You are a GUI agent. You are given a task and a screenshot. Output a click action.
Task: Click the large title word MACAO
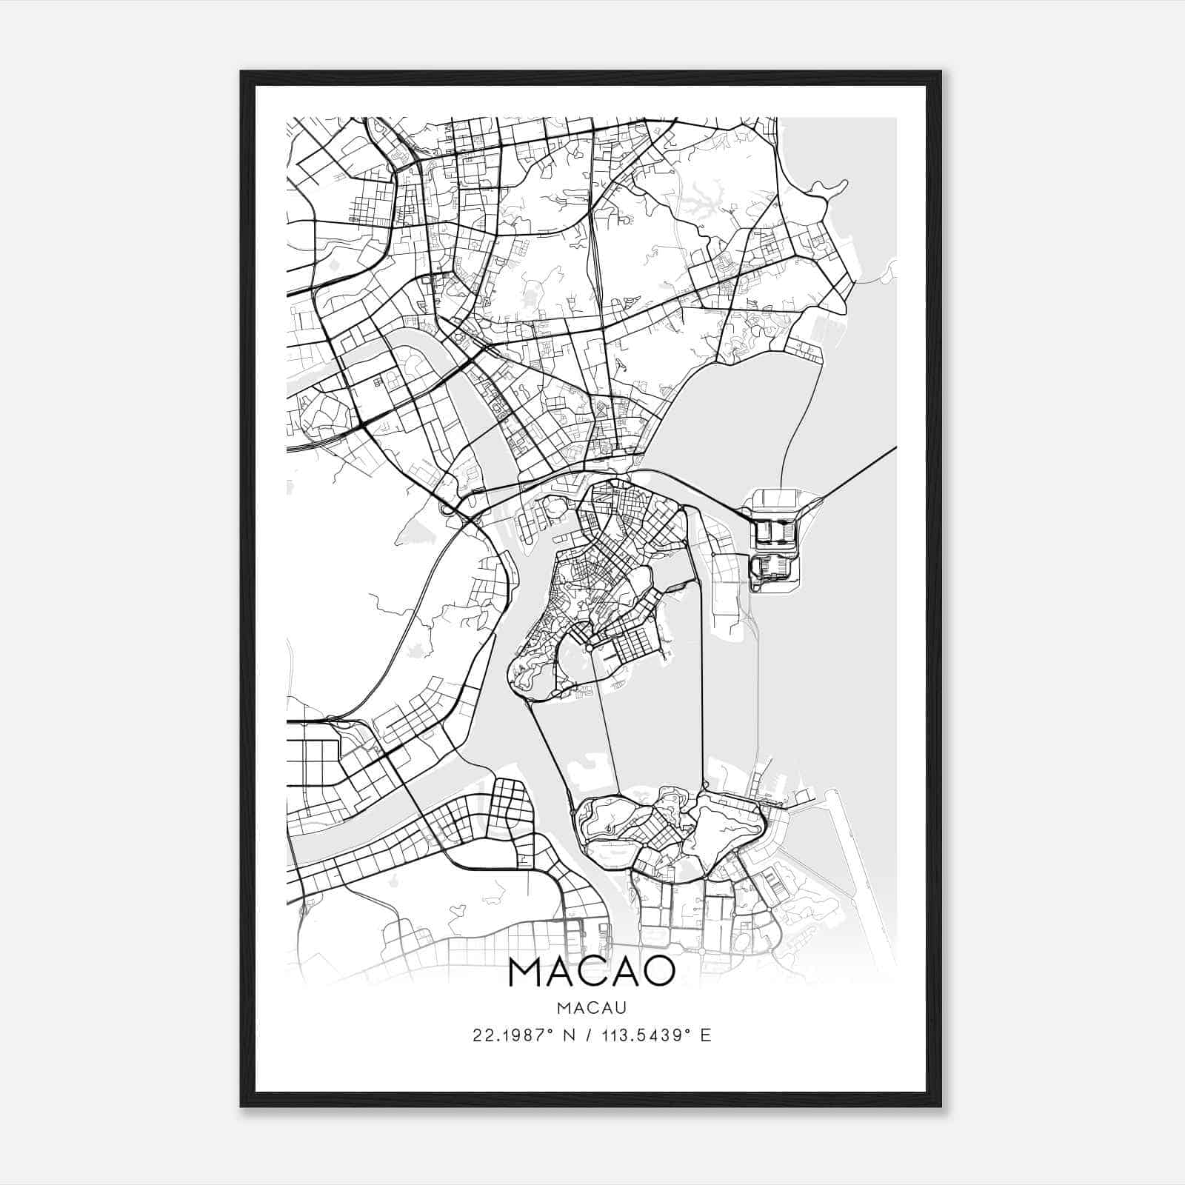point(591,972)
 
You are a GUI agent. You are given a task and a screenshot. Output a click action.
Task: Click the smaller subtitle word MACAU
point(592,1008)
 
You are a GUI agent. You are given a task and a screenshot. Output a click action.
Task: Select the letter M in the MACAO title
point(528,972)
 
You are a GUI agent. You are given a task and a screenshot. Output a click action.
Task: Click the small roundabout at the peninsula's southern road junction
point(589,648)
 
